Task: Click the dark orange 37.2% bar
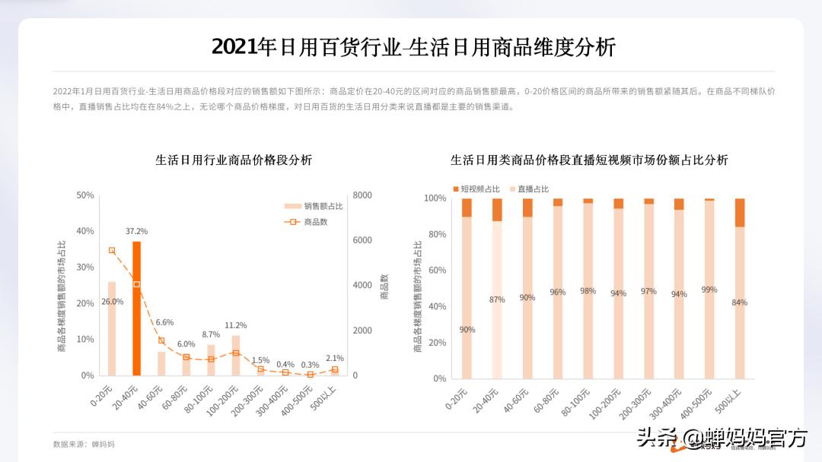click(137, 308)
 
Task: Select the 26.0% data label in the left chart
click(112, 302)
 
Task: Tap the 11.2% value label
click(236, 325)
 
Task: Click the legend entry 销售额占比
click(314, 206)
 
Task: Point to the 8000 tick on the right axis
click(362, 195)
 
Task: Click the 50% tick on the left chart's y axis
click(85, 195)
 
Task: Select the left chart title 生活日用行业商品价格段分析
click(234, 160)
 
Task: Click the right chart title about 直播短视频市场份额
click(589, 160)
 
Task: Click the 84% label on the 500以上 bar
click(739, 302)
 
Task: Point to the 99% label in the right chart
click(709, 290)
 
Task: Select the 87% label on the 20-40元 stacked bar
click(497, 299)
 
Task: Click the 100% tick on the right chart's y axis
click(435, 198)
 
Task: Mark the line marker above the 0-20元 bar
click(112, 250)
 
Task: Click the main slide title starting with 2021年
click(413, 47)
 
